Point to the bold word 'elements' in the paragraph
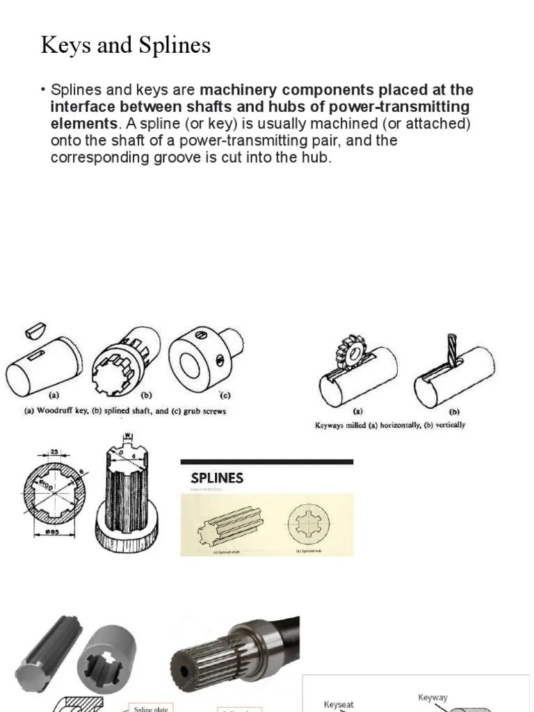pyautogui.click(x=83, y=124)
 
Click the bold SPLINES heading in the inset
pyautogui.click(x=218, y=478)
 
